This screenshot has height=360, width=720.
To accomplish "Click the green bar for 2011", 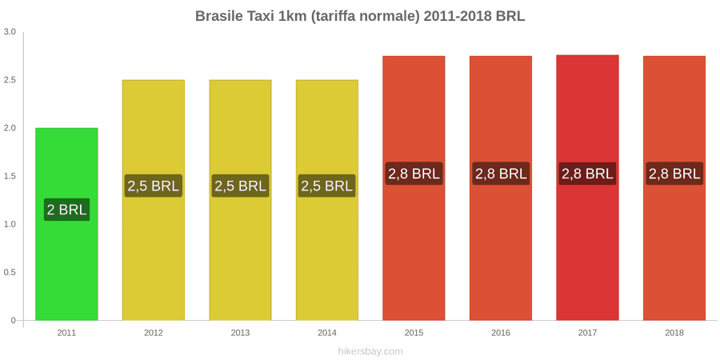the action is tap(66, 224).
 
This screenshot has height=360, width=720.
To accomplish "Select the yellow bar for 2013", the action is tap(240, 200).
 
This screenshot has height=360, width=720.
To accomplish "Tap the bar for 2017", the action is tap(587, 188).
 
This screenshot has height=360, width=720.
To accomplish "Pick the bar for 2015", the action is tap(414, 188).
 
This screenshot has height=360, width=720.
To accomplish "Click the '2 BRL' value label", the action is tap(66, 210).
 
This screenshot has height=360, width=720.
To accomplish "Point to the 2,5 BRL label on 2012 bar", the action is tap(154, 186).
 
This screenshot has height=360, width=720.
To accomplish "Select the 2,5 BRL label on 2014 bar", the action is tap(327, 186).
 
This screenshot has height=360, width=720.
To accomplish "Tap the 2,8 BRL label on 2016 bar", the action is tap(501, 174).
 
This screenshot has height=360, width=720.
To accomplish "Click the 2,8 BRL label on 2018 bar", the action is tap(674, 174).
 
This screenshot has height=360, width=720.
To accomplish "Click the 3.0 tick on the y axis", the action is tap(10, 32).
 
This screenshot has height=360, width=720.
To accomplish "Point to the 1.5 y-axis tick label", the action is tap(10, 176).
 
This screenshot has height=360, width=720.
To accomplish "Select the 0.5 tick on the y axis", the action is tap(10, 272).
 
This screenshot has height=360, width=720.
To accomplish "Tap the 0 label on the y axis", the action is tap(14, 320).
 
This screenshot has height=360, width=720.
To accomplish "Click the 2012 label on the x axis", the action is tap(154, 333).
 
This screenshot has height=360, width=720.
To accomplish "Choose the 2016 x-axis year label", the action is tap(501, 333).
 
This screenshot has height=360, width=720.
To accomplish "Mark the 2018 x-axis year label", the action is tap(674, 333).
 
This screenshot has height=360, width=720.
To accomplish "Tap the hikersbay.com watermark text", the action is tap(370, 352).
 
